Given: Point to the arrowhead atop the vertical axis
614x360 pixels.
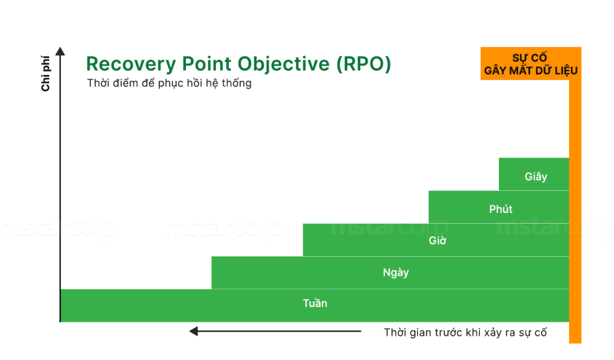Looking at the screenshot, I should click(x=60, y=52).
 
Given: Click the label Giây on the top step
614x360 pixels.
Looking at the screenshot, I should click(x=535, y=177).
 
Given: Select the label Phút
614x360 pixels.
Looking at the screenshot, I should click(x=501, y=209).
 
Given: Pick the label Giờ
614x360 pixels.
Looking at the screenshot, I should click(x=437, y=241).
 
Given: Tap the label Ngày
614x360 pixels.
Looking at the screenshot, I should click(x=396, y=272).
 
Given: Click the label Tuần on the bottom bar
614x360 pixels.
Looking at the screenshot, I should click(x=315, y=304).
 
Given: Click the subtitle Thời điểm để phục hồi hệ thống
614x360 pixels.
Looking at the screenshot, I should click(x=169, y=83).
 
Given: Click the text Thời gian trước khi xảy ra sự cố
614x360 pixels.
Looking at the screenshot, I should click(x=465, y=332).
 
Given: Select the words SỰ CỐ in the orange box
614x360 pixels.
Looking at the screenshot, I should click(x=530, y=58).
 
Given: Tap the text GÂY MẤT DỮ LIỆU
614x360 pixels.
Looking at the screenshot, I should click(x=531, y=71).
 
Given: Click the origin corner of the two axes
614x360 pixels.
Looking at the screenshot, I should click(x=61, y=322).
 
